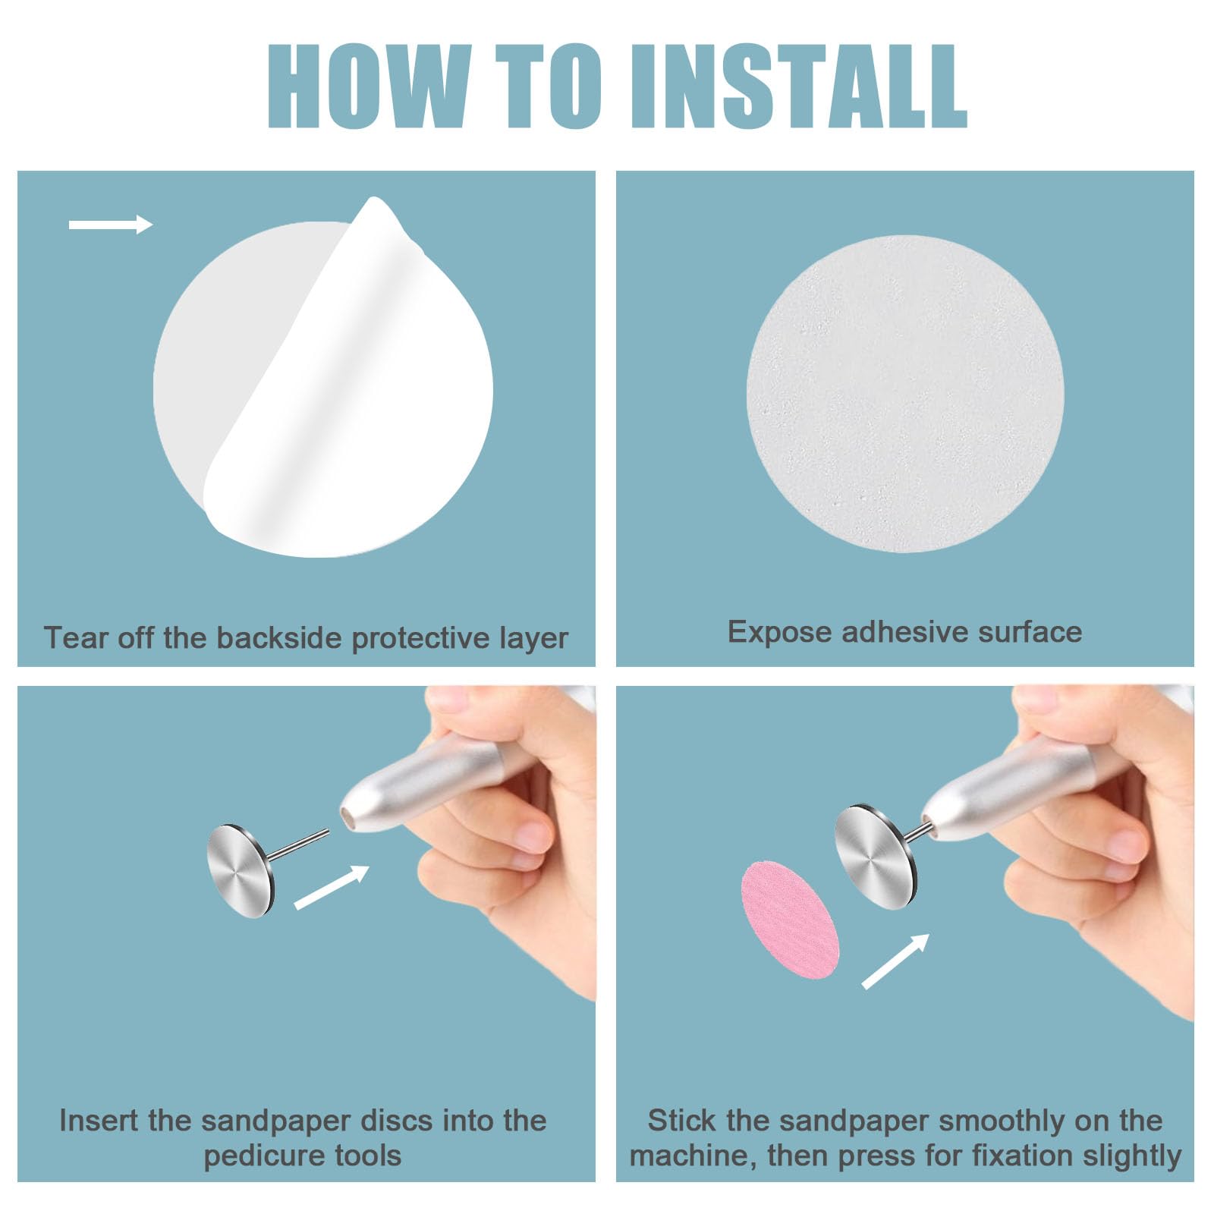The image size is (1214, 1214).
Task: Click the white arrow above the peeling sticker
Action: coord(111,224)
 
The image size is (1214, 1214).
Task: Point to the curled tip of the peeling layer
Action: coord(373,202)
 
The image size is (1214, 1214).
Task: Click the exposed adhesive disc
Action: coord(904,393)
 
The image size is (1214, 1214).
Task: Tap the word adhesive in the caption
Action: coord(904,632)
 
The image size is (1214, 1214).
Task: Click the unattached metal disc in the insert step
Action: coord(241,870)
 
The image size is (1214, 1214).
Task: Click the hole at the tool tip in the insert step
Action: coord(348,819)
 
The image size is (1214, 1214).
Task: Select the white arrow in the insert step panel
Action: coord(332,887)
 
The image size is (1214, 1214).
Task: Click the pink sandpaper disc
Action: coord(790,920)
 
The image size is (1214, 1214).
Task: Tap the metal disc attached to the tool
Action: coord(875,857)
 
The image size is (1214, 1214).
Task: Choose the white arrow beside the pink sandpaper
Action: coord(896,961)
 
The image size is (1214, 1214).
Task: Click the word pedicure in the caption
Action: coord(254,1156)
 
